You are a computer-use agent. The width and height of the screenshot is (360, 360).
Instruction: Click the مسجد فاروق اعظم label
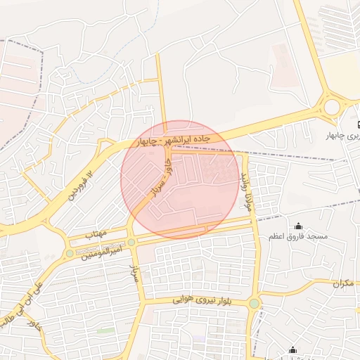pyautogui.click(x=299, y=237)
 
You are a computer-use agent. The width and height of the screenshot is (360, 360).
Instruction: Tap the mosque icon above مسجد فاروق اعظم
pyautogui.click(x=299, y=226)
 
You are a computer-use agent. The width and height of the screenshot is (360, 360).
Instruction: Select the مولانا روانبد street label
pyautogui.click(x=246, y=191)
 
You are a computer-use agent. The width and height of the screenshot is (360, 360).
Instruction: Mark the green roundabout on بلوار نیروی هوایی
pyautogui.click(x=254, y=304)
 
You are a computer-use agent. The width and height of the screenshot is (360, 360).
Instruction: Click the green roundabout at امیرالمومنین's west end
pyautogui.click(x=69, y=253)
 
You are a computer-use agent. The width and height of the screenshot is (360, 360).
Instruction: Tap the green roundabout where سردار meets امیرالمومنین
pyautogui.click(x=131, y=243)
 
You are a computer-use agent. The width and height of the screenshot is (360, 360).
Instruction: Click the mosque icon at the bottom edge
pyautogui.click(x=292, y=350)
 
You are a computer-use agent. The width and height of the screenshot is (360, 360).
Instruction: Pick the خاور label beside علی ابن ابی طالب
pyautogui.click(x=33, y=325)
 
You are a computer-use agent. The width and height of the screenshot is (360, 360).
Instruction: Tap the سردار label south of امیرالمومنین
pyautogui.click(x=136, y=274)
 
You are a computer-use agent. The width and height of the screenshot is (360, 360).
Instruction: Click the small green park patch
pyautogui.click(x=105, y=330)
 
